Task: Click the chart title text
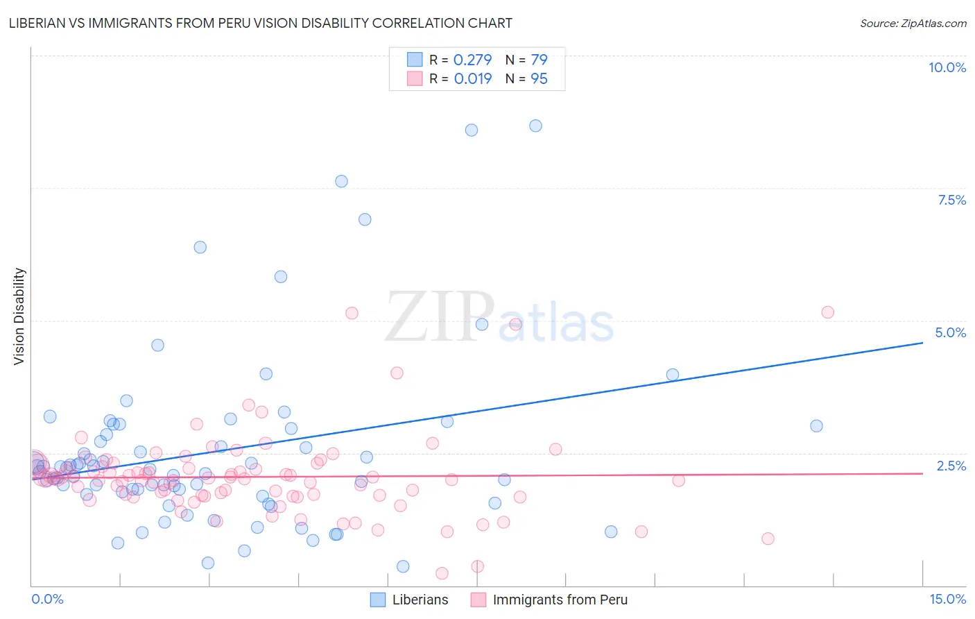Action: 260,23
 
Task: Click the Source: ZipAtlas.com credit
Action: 913,23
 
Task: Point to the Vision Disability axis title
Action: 19,316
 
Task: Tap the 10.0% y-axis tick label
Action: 947,67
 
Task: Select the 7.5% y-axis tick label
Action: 951,200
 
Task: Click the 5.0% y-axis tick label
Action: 950,332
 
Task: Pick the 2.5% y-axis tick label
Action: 951,466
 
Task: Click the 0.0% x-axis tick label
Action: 47,599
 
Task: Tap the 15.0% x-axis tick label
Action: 947,599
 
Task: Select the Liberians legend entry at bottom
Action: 409,600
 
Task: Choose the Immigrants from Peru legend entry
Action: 549,600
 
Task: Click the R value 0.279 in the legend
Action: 472,60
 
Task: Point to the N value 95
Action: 539,78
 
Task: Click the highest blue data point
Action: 535,126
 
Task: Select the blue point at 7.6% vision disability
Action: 341,181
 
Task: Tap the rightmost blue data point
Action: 816,426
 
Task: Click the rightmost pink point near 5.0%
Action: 827,312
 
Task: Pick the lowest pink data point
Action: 442,573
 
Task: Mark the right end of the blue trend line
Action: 922,343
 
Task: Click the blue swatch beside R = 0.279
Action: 415,60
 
